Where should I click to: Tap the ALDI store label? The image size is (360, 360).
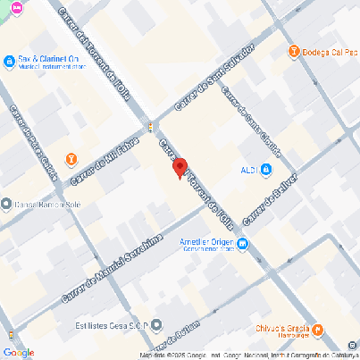pos(249,171)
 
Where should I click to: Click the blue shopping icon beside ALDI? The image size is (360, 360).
pos(267,171)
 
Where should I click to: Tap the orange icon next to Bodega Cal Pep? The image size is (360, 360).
pos(293,51)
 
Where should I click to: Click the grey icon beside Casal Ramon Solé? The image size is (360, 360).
pos(7,204)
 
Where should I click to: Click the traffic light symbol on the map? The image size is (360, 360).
pos(151,124)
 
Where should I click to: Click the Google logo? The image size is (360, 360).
pos(19,352)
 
